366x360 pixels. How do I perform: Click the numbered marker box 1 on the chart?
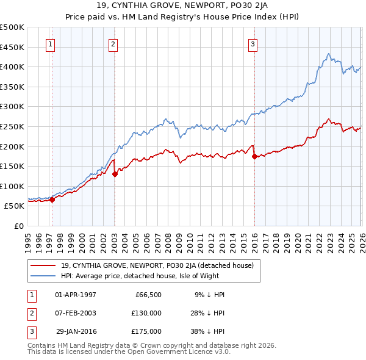[x=49, y=43]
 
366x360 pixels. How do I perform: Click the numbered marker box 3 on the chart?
[x=253, y=43]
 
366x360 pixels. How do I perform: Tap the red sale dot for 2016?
[x=254, y=156]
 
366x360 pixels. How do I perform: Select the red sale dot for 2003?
[x=115, y=174]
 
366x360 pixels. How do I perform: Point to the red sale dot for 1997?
[x=52, y=199]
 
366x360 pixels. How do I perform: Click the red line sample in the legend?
[x=43, y=265]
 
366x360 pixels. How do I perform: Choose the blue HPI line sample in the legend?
[x=43, y=276]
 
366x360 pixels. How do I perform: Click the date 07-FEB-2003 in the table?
[x=76, y=313]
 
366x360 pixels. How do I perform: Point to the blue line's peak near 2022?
[x=328, y=54]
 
